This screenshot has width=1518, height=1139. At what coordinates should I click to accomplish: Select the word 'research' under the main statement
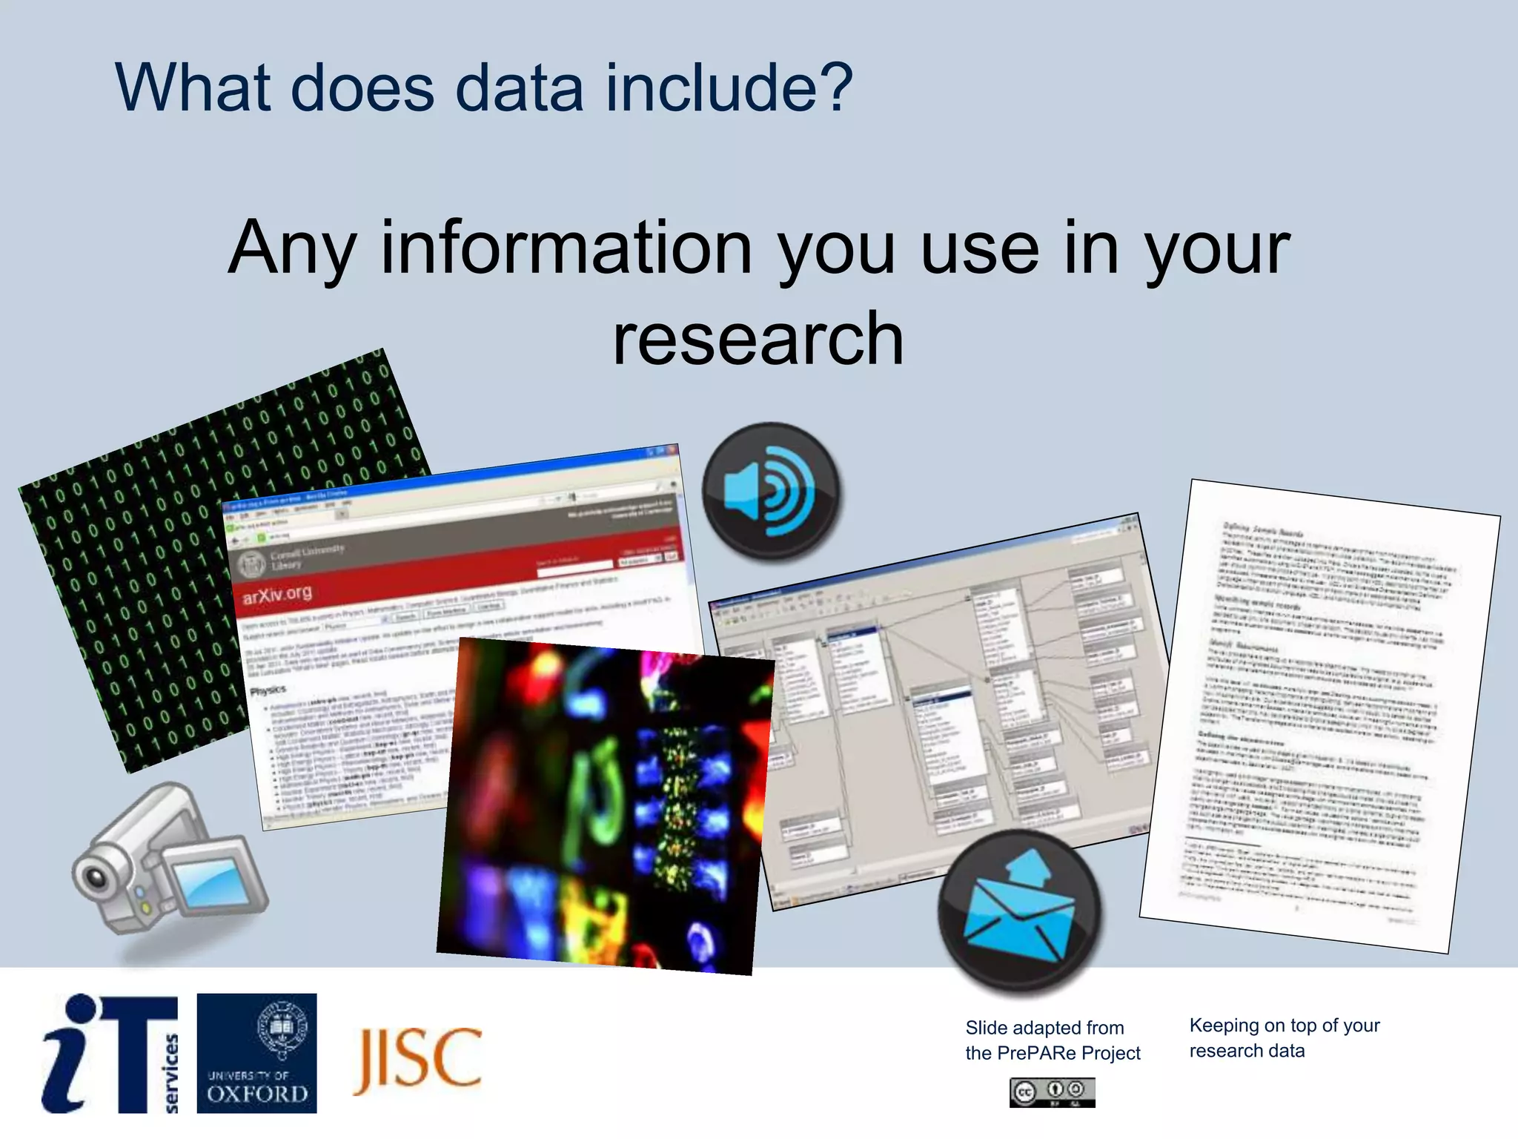[x=758, y=339]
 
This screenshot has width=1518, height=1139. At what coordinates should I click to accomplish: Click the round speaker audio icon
[x=771, y=491]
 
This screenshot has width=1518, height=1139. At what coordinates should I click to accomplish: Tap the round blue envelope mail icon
[x=1020, y=910]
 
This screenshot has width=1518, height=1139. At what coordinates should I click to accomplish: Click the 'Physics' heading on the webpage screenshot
[x=268, y=690]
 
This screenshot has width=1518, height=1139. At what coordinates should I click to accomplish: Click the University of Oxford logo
[x=256, y=1053]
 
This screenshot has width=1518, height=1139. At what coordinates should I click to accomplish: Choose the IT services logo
[x=110, y=1053]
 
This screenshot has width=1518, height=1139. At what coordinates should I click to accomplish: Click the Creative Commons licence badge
[x=1052, y=1092]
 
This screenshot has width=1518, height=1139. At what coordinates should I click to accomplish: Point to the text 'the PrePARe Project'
[x=1053, y=1053]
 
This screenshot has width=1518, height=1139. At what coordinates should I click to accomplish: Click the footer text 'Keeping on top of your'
[x=1285, y=1026]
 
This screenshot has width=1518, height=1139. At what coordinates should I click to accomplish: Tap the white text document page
[x=1319, y=716]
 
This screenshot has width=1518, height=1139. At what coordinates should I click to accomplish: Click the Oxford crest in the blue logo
[x=281, y=1028]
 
